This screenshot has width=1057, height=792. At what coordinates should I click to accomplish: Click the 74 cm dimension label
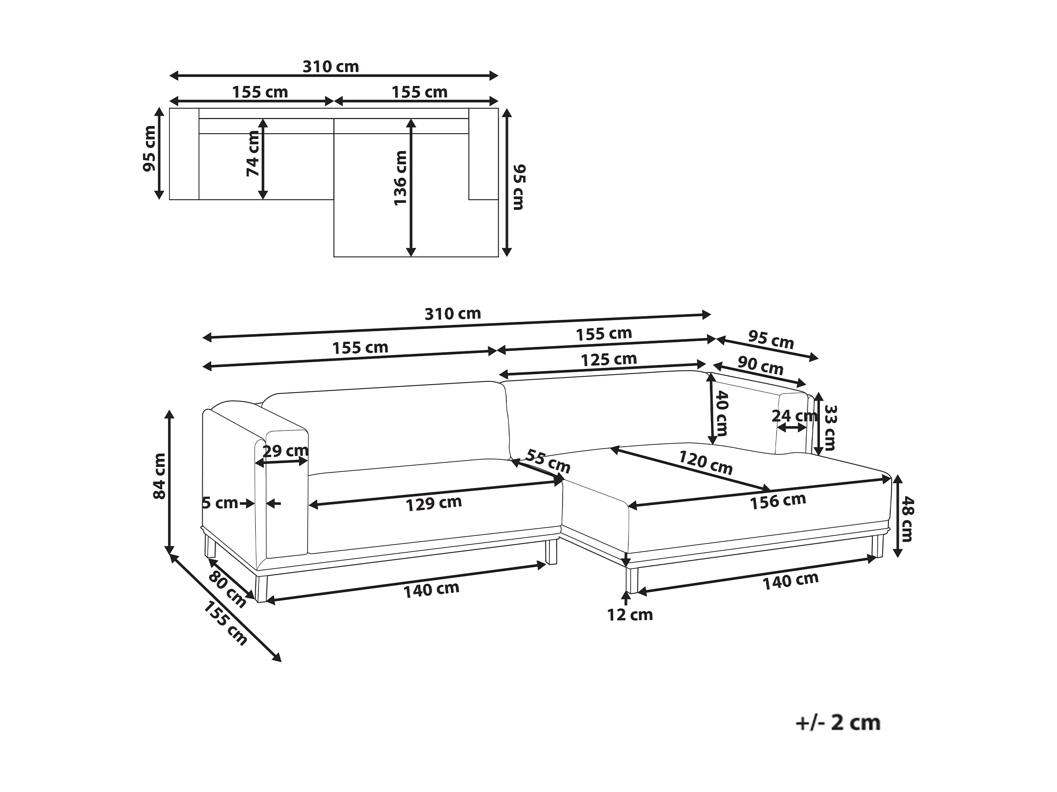click(x=253, y=153)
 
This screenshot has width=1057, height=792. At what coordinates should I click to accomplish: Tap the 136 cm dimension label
click(x=400, y=178)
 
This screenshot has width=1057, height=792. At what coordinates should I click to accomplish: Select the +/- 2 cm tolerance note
click(x=837, y=723)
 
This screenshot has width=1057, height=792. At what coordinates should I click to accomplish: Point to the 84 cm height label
click(x=159, y=476)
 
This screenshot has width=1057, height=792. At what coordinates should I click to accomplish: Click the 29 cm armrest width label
click(x=286, y=451)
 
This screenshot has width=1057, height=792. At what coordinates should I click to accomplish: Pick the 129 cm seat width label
click(x=433, y=503)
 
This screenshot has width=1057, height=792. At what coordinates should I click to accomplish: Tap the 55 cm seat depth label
click(x=548, y=461)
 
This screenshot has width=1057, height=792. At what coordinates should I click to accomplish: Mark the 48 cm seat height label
click(x=907, y=519)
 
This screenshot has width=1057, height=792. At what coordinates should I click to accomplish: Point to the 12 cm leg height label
click(x=630, y=615)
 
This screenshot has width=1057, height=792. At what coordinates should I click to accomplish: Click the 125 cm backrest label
click(x=609, y=360)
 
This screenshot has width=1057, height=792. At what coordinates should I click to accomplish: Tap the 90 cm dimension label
click(x=760, y=366)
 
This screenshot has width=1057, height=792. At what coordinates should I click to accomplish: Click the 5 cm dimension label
click(x=220, y=503)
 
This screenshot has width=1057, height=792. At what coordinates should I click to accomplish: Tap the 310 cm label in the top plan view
click(x=331, y=66)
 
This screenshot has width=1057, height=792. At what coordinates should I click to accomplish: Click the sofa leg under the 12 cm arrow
click(x=632, y=580)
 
